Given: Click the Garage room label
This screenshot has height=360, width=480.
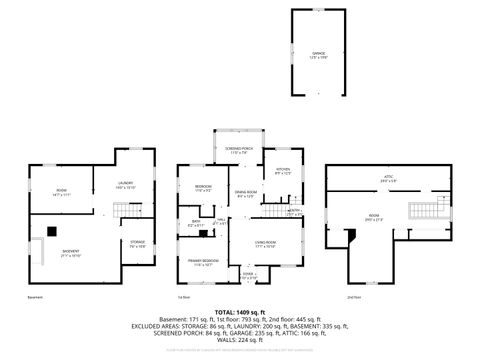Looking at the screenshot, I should [318, 53].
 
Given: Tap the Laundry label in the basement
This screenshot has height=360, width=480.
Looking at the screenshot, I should [126, 184].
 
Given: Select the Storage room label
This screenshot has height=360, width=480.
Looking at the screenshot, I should [137, 242].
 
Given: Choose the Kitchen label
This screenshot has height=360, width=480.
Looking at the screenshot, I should [282, 171].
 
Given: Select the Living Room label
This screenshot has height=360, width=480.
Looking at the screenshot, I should [265, 243].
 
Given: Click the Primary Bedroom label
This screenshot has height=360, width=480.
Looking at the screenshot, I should [203, 262].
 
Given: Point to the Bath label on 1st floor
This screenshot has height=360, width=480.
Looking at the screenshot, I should [196, 224].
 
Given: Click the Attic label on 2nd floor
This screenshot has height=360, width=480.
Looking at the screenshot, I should [374, 179].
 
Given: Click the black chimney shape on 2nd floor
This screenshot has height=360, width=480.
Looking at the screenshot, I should [350, 235].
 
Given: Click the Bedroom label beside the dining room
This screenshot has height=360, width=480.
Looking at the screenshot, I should [202, 186].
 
